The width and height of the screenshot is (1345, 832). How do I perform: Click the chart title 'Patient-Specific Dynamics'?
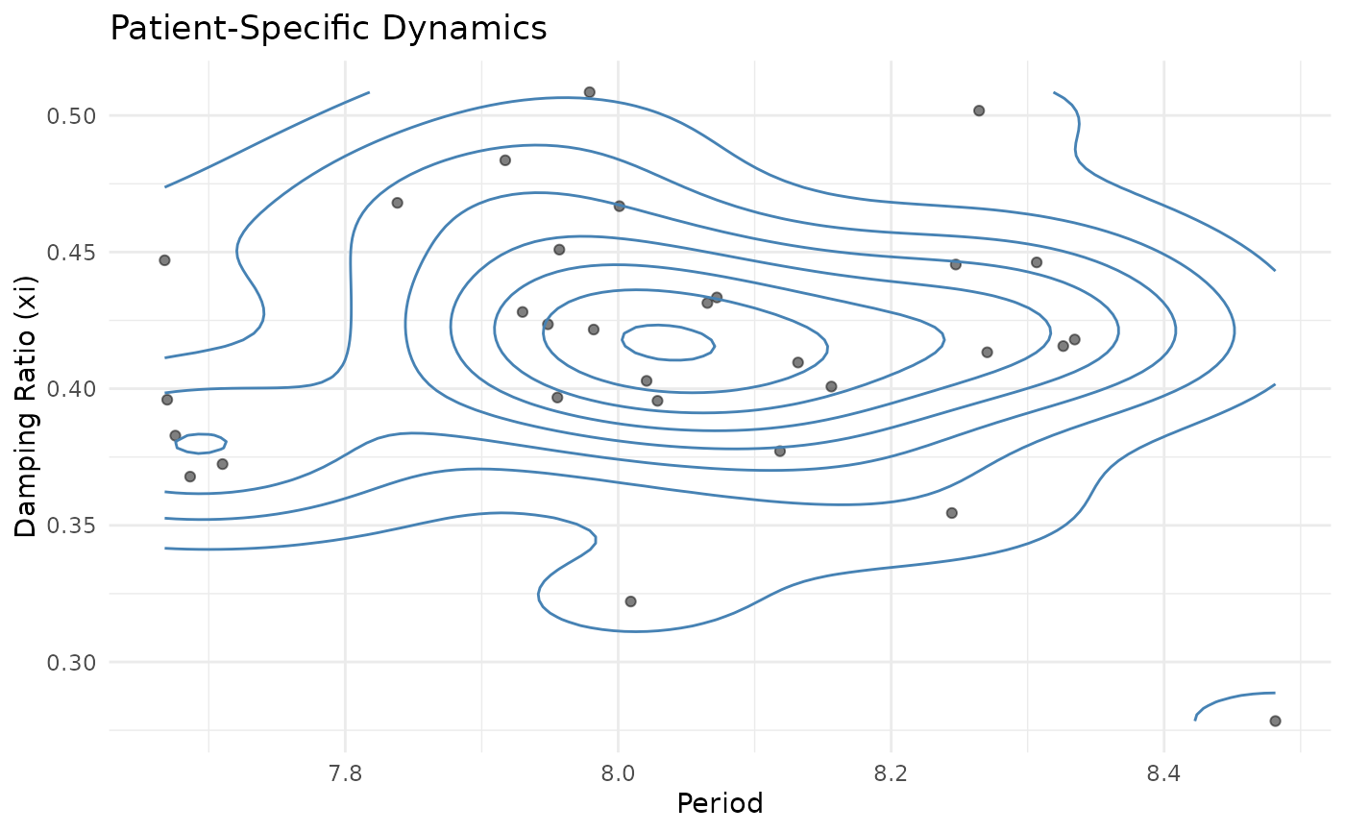click(x=329, y=28)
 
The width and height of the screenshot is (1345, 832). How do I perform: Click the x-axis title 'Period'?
click(x=720, y=803)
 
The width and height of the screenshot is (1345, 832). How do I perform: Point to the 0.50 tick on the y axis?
click(x=74, y=116)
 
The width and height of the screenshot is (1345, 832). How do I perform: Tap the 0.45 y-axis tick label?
click(x=74, y=253)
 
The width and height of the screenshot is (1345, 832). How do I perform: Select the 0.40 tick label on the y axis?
click(x=74, y=389)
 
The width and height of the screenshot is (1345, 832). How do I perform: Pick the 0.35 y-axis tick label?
click(x=74, y=526)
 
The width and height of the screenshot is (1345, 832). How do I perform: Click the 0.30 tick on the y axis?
click(x=74, y=662)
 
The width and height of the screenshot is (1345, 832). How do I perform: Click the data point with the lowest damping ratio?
click(x=1275, y=721)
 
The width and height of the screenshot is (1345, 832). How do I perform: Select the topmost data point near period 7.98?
click(x=590, y=92)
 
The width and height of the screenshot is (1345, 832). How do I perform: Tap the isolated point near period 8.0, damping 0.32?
click(x=630, y=601)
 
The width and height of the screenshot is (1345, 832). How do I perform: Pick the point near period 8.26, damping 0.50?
click(x=979, y=110)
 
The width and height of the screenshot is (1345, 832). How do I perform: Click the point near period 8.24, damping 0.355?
click(x=951, y=513)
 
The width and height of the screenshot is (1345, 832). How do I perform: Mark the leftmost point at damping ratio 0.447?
click(x=164, y=260)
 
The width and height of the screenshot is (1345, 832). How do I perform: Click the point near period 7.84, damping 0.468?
click(x=397, y=203)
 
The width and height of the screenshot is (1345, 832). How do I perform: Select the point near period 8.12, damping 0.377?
click(x=779, y=451)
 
